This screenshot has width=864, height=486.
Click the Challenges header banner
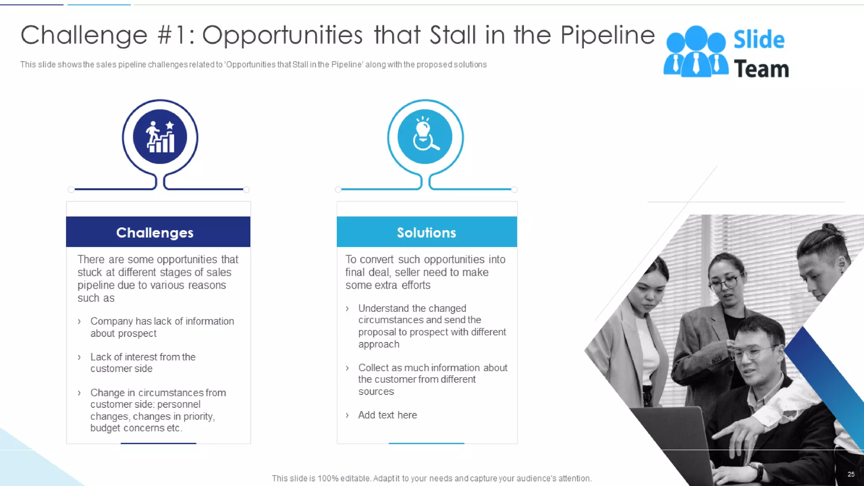(x=158, y=232)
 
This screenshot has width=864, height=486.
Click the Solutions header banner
(x=427, y=232)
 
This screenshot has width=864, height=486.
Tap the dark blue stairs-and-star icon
(x=160, y=137)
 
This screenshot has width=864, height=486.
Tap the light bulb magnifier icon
(x=425, y=137)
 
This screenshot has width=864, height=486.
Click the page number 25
(x=851, y=474)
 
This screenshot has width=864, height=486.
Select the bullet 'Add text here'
(x=387, y=415)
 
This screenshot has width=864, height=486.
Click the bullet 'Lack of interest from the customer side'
(x=143, y=363)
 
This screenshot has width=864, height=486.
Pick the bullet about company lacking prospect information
(x=162, y=327)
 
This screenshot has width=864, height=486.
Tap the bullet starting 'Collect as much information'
(x=432, y=379)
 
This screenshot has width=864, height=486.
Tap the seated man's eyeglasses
(x=755, y=352)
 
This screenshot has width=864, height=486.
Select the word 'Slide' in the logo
(x=759, y=40)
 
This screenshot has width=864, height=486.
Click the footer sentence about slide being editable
(x=432, y=478)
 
